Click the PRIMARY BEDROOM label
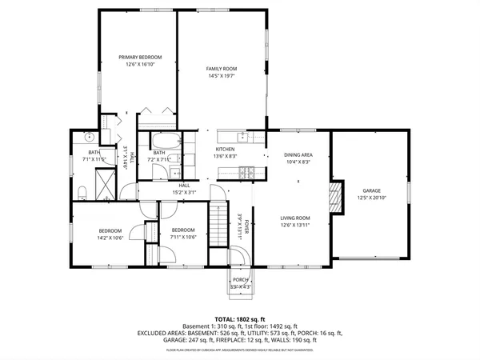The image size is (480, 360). tap(141, 58)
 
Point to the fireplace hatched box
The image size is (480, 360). tap(336, 196)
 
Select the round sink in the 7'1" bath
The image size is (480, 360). tap(90, 138)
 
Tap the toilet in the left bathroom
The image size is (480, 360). tap(82, 190)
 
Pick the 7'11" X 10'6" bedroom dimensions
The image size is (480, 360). tap(184, 237)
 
